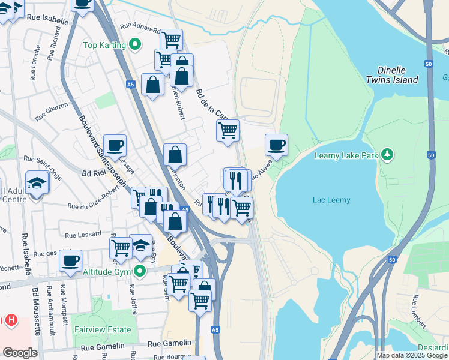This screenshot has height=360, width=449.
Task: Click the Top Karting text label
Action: click(x=104, y=45)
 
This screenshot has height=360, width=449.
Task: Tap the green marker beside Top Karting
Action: click(x=136, y=44)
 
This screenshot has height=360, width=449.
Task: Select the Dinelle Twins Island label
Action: click(x=393, y=74)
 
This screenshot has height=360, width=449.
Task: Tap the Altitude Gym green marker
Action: click(x=140, y=271)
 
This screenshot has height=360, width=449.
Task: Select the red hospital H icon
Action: click(x=10, y=320)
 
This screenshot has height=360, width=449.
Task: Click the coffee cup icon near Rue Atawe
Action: click(x=276, y=145)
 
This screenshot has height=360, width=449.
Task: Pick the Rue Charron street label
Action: click(x=52, y=112)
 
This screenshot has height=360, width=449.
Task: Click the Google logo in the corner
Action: click(x=20, y=353)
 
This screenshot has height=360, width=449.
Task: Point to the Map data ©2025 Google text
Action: click(x=412, y=355)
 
